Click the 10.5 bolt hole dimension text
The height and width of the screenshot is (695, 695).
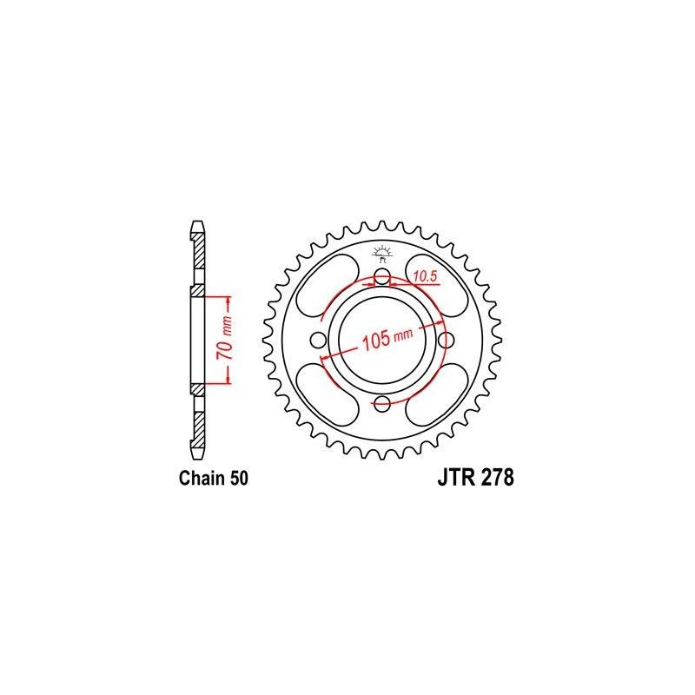click(425, 276)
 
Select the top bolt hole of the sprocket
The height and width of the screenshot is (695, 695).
click(382, 279)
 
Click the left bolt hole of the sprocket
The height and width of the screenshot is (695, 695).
click(321, 340)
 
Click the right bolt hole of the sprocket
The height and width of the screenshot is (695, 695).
click(444, 340)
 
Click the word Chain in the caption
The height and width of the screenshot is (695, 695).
click(199, 479)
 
